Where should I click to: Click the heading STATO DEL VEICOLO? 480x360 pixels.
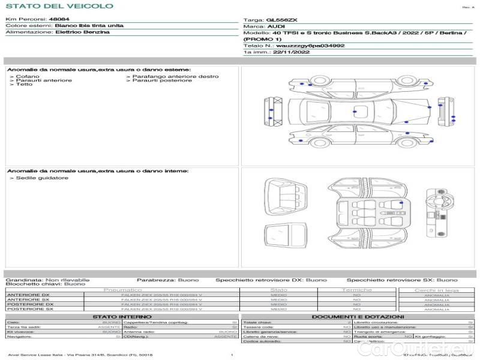tap(59, 6)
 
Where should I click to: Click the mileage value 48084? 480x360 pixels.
tap(59, 20)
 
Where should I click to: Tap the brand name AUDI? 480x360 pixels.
tap(277, 27)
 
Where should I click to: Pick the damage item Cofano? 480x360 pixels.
tap(28, 77)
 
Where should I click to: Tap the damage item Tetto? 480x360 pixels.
tap(24, 85)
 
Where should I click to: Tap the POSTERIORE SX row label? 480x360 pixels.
tap(29, 309)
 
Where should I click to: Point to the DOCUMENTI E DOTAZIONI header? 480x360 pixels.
tap(358, 316)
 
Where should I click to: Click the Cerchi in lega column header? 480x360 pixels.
tap(436, 290)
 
